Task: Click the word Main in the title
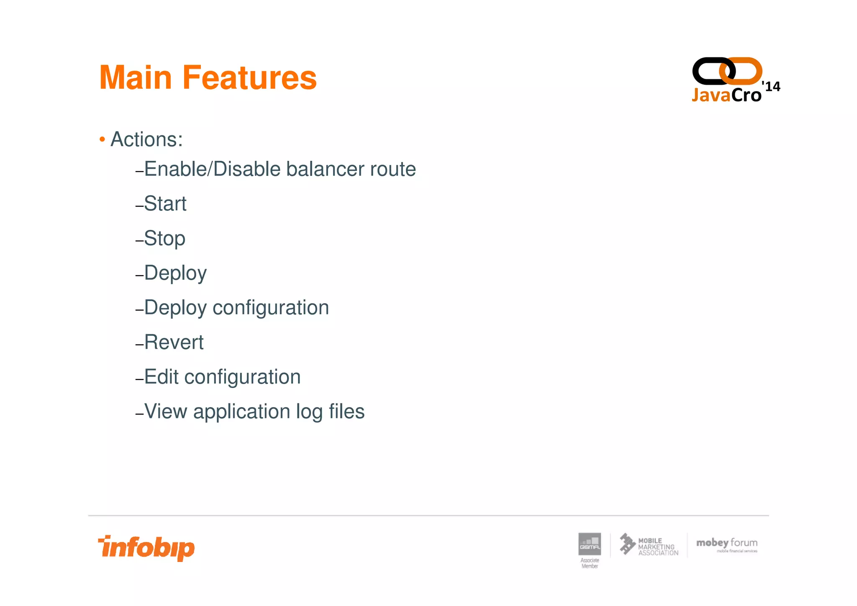point(136,78)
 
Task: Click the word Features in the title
point(249,78)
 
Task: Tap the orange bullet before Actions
point(102,139)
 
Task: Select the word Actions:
point(146,139)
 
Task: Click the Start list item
point(165,204)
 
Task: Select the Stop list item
point(164,239)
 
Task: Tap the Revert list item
point(173,342)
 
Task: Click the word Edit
point(161,377)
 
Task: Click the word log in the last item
point(309,412)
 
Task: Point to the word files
point(346,411)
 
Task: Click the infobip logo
point(146,548)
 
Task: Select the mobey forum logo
point(727,544)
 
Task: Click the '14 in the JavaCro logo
point(771,86)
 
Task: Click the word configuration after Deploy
point(271,308)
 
